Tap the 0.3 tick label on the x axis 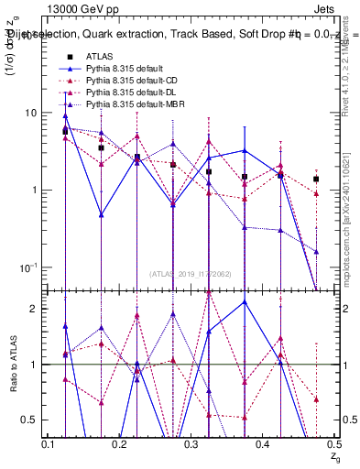tap(191, 444)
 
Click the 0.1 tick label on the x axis tap(49, 444)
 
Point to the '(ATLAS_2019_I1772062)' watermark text tap(191, 273)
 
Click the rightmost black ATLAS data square tap(316, 180)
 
